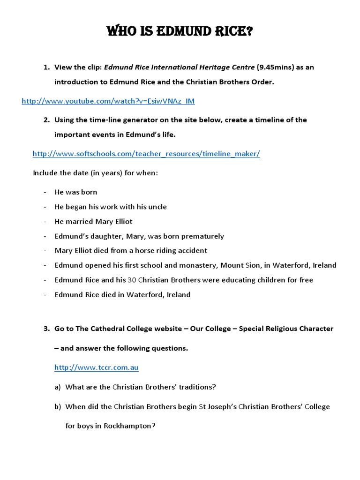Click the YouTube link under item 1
click(x=108, y=101)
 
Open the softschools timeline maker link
click(x=146, y=154)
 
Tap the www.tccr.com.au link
click(x=96, y=367)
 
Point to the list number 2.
click(x=47, y=120)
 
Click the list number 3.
click(x=47, y=329)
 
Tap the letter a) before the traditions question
click(x=58, y=387)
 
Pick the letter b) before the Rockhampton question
click(x=58, y=406)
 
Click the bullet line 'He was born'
click(x=76, y=192)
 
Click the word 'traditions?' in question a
click(x=196, y=387)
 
